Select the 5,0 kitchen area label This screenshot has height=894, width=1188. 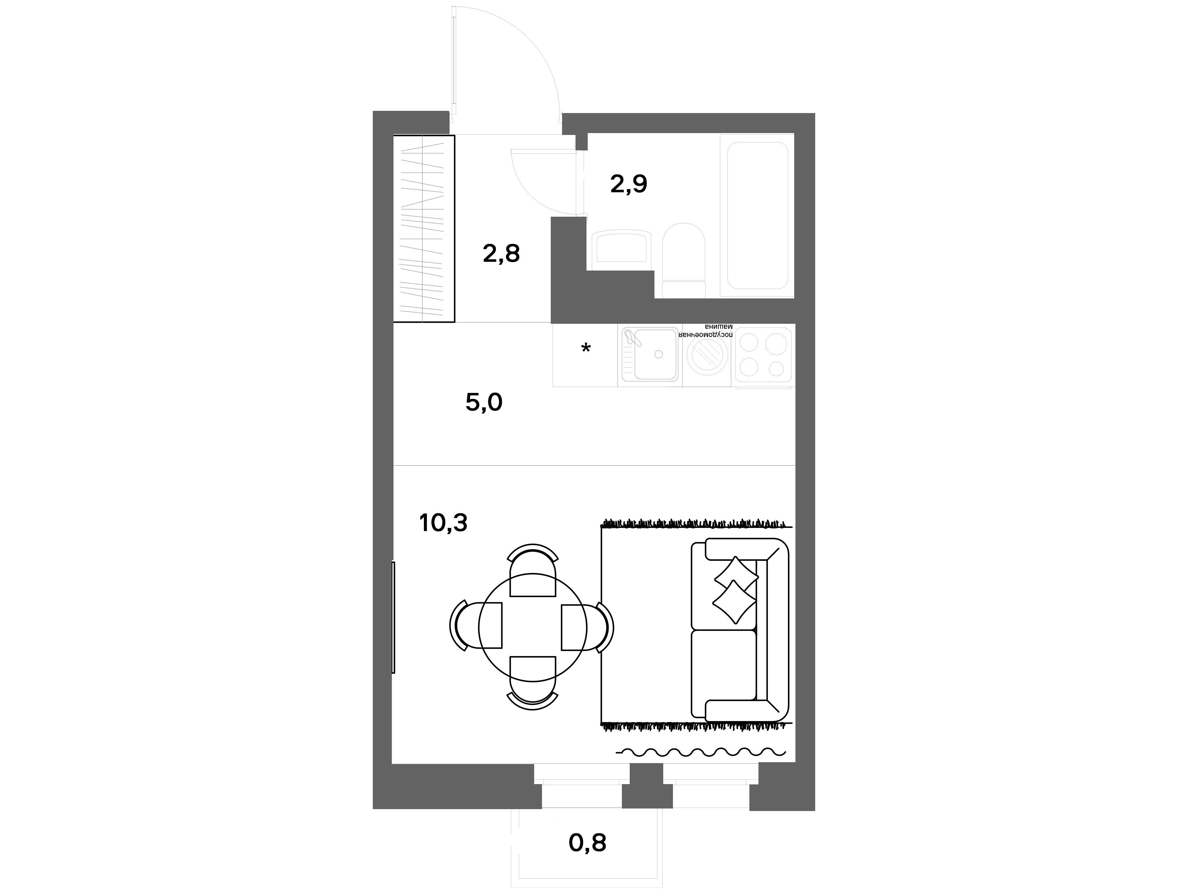pyautogui.click(x=484, y=402)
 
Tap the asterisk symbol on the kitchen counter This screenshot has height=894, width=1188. pyautogui.click(x=586, y=349)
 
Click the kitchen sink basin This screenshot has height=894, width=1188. pyautogui.click(x=655, y=354)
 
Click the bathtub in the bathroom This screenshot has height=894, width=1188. pyautogui.click(x=758, y=216)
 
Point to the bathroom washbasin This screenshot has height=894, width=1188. pyautogui.click(x=622, y=247)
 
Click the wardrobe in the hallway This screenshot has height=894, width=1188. pyautogui.click(x=424, y=229)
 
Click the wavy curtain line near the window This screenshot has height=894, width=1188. pyautogui.click(x=701, y=752)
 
